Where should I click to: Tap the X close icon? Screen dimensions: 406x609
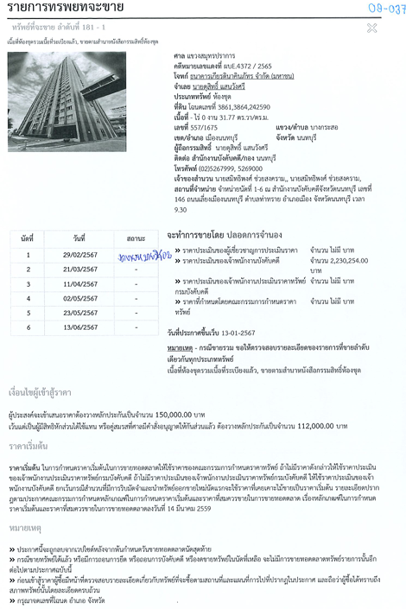click(x=371, y=28)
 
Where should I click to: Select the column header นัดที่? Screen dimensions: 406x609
click(x=28, y=237)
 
